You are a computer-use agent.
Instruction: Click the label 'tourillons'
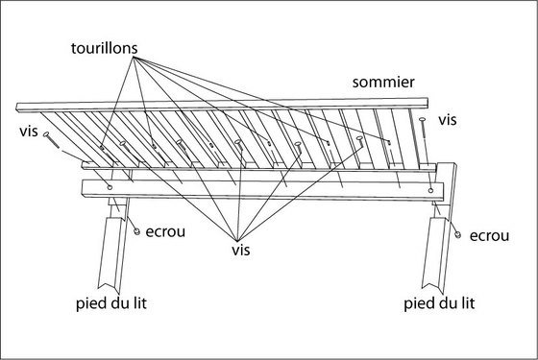pos(105,48)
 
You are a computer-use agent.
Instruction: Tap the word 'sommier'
pos(383,83)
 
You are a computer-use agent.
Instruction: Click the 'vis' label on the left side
pos(29,132)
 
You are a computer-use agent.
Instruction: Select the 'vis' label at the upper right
pos(448,120)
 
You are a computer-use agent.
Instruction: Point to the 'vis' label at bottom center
pos(241,250)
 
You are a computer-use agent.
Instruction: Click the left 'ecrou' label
pos(165,231)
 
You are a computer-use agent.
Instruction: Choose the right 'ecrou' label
pos(489,236)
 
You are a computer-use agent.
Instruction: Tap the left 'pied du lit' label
pos(111,303)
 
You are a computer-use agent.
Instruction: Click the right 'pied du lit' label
pos(439,303)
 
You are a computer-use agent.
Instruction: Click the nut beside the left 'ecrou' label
pos(136,231)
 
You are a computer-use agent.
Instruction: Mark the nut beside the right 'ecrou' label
pos(457,234)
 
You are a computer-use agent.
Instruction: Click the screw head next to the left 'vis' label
pos(46,134)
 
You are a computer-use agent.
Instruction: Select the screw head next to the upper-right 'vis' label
pos(423,119)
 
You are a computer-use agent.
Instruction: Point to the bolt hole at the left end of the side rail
pos(110,187)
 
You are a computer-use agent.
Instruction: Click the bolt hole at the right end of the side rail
pos(430,190)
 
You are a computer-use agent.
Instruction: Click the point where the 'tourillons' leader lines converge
pos(134,59)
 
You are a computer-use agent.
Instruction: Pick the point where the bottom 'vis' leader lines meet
pos(237,241)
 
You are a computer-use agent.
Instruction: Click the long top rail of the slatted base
pos(222,105)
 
